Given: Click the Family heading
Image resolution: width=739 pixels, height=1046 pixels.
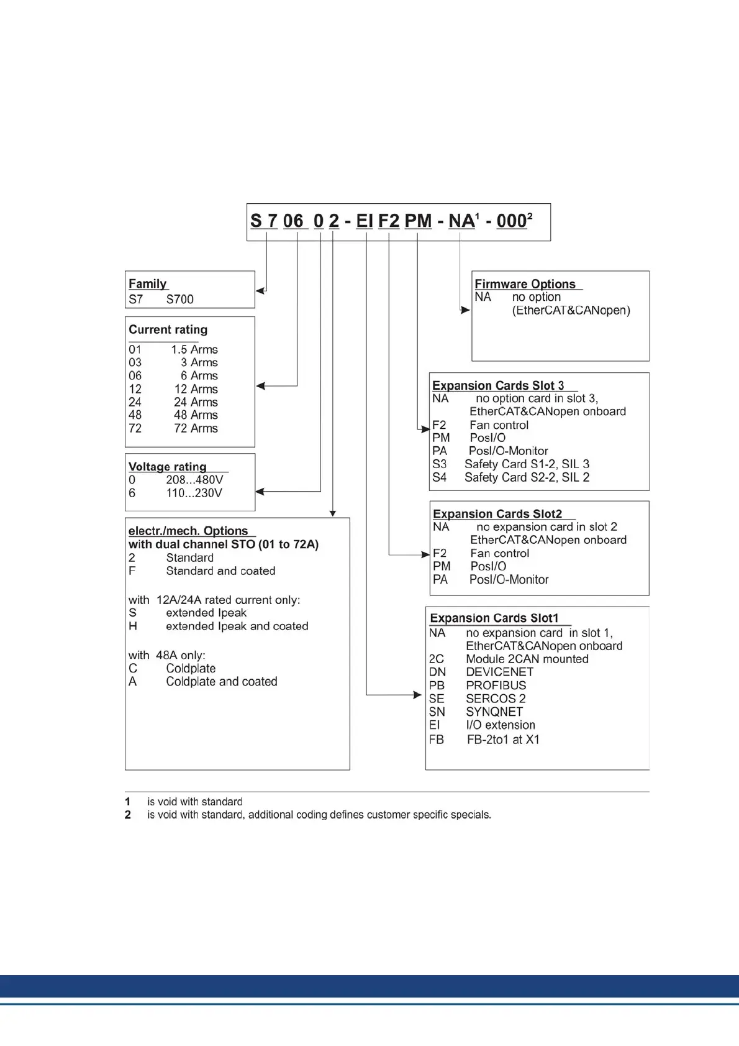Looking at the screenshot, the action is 148,284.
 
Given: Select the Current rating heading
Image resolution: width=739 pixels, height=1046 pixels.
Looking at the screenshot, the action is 168,329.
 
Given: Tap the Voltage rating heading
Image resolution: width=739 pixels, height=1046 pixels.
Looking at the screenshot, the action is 167,467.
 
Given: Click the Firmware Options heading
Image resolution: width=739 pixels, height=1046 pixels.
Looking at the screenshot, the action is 525,284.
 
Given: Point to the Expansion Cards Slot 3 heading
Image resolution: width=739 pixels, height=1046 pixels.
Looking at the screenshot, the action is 498,385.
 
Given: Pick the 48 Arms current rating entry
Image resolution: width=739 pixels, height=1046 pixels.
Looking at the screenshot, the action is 196,415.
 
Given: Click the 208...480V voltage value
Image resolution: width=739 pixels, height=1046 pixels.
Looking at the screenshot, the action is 194,480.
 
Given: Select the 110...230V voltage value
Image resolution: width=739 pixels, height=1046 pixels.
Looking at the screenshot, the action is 194,493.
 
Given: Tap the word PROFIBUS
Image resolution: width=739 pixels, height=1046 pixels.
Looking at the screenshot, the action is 496,686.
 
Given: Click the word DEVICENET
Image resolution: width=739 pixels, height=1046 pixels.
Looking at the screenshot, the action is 499,672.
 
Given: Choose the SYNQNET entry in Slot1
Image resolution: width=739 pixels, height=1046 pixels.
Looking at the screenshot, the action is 494,712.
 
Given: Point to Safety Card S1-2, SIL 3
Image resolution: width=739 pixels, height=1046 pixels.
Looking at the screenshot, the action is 527,464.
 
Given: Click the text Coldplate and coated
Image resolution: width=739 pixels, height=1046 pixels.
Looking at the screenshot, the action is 221,682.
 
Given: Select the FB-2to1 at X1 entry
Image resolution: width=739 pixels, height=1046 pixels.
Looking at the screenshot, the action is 503,740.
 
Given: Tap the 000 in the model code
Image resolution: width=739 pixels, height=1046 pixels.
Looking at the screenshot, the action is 511,221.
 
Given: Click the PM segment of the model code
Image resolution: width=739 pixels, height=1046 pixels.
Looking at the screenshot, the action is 418,221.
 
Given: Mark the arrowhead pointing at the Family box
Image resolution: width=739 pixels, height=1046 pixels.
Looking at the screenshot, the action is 260,290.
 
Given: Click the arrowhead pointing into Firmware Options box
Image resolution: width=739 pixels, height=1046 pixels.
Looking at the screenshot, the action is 465,310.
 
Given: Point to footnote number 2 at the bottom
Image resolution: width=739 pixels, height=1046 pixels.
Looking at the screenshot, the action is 128,815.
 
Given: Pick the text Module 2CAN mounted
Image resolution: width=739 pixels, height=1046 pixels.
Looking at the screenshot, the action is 527,659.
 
